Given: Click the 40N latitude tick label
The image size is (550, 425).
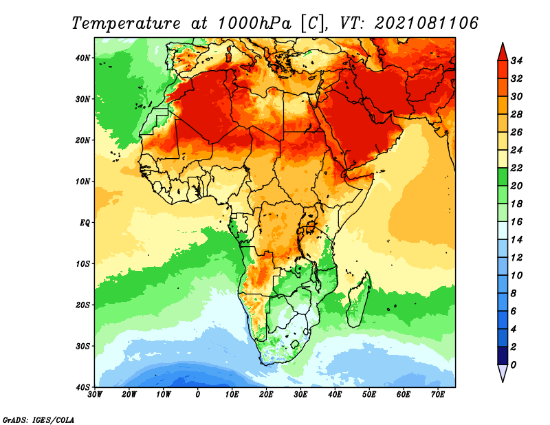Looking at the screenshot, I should pos(82,58).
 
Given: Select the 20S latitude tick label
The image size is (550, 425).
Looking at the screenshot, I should pos(82,305).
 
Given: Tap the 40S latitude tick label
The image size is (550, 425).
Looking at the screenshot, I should pos(82,386).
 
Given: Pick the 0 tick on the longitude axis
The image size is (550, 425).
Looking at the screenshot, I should pos(198,395).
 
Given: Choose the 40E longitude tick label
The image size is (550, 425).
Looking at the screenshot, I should pos(335,395).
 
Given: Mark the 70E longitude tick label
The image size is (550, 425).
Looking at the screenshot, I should pos(438,395).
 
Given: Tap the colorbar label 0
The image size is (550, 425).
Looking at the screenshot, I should pos(514,364).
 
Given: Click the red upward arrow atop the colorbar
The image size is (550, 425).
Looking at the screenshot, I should pos(503,51).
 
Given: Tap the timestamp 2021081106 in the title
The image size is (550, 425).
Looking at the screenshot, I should pos(426,23).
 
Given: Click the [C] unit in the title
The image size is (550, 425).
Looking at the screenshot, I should pos(310,23).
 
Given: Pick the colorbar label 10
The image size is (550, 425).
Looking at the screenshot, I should pos(517,275).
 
